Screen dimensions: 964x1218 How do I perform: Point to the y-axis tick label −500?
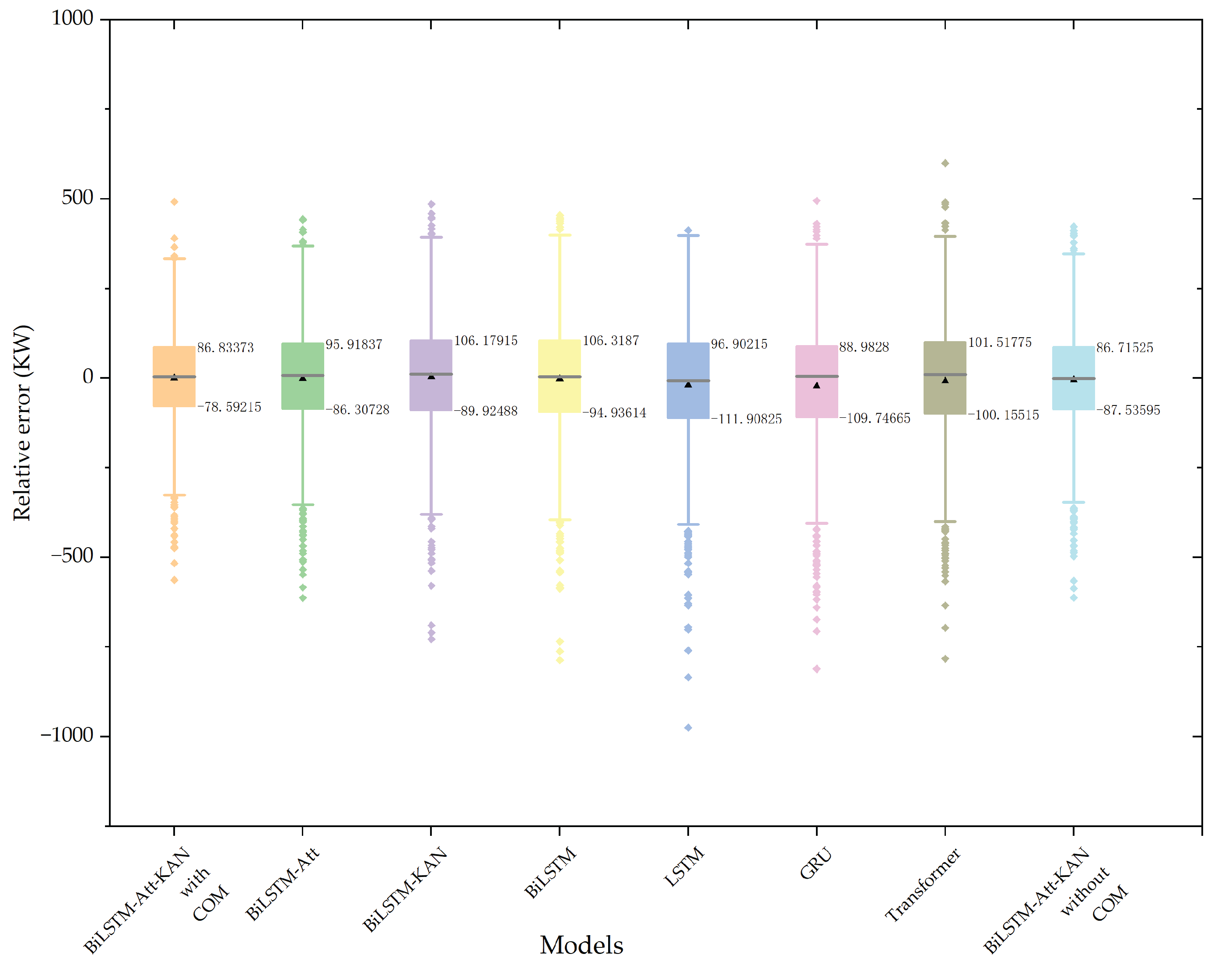click(x=72, y=556)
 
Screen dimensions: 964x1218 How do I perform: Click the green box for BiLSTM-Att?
click(x=302, y=395)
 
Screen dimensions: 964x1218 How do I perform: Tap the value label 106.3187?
click(x=610, y=341)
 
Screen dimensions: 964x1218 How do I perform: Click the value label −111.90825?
click(x=745, y=419)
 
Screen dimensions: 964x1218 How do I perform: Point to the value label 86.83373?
click(x=225, y=348)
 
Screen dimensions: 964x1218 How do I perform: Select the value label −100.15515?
click(x=1003, y=415)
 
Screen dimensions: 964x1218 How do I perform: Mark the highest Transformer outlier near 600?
click(x=945, y=163)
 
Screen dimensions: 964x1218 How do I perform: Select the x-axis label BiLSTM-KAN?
click(x=405, y=889)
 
